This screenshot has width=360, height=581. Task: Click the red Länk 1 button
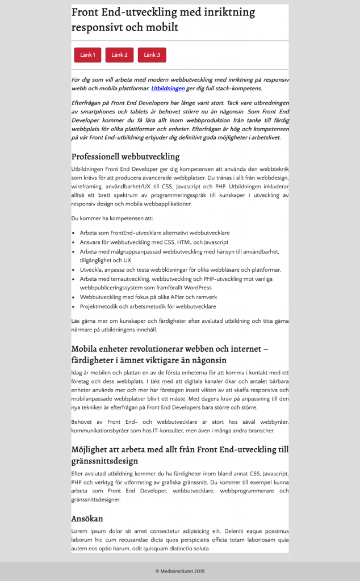87,55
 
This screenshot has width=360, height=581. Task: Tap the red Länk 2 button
119,55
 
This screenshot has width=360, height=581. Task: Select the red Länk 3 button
152,55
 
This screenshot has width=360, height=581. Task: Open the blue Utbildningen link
168,89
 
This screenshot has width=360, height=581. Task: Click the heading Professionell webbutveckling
125,156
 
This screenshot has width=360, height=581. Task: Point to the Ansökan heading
87,518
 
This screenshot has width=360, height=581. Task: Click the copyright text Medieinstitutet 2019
179,571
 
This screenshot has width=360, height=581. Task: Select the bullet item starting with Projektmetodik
148,306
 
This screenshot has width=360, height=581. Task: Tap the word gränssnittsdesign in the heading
112,461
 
